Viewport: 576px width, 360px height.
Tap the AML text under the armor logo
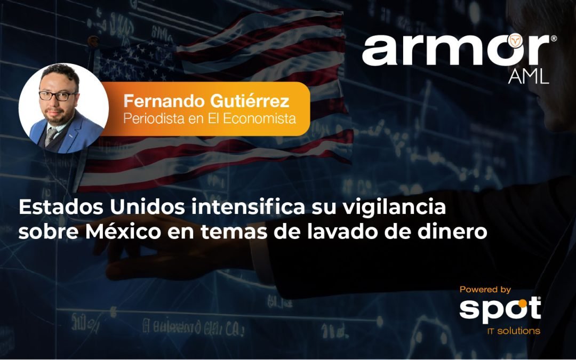(528, 77)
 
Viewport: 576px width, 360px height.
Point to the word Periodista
(152, 118)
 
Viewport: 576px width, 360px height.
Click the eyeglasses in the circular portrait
(58, 96)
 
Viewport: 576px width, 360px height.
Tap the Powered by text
(485, 290)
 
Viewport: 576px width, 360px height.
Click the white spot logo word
(500, 309)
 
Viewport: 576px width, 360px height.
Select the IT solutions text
(514, 331)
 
